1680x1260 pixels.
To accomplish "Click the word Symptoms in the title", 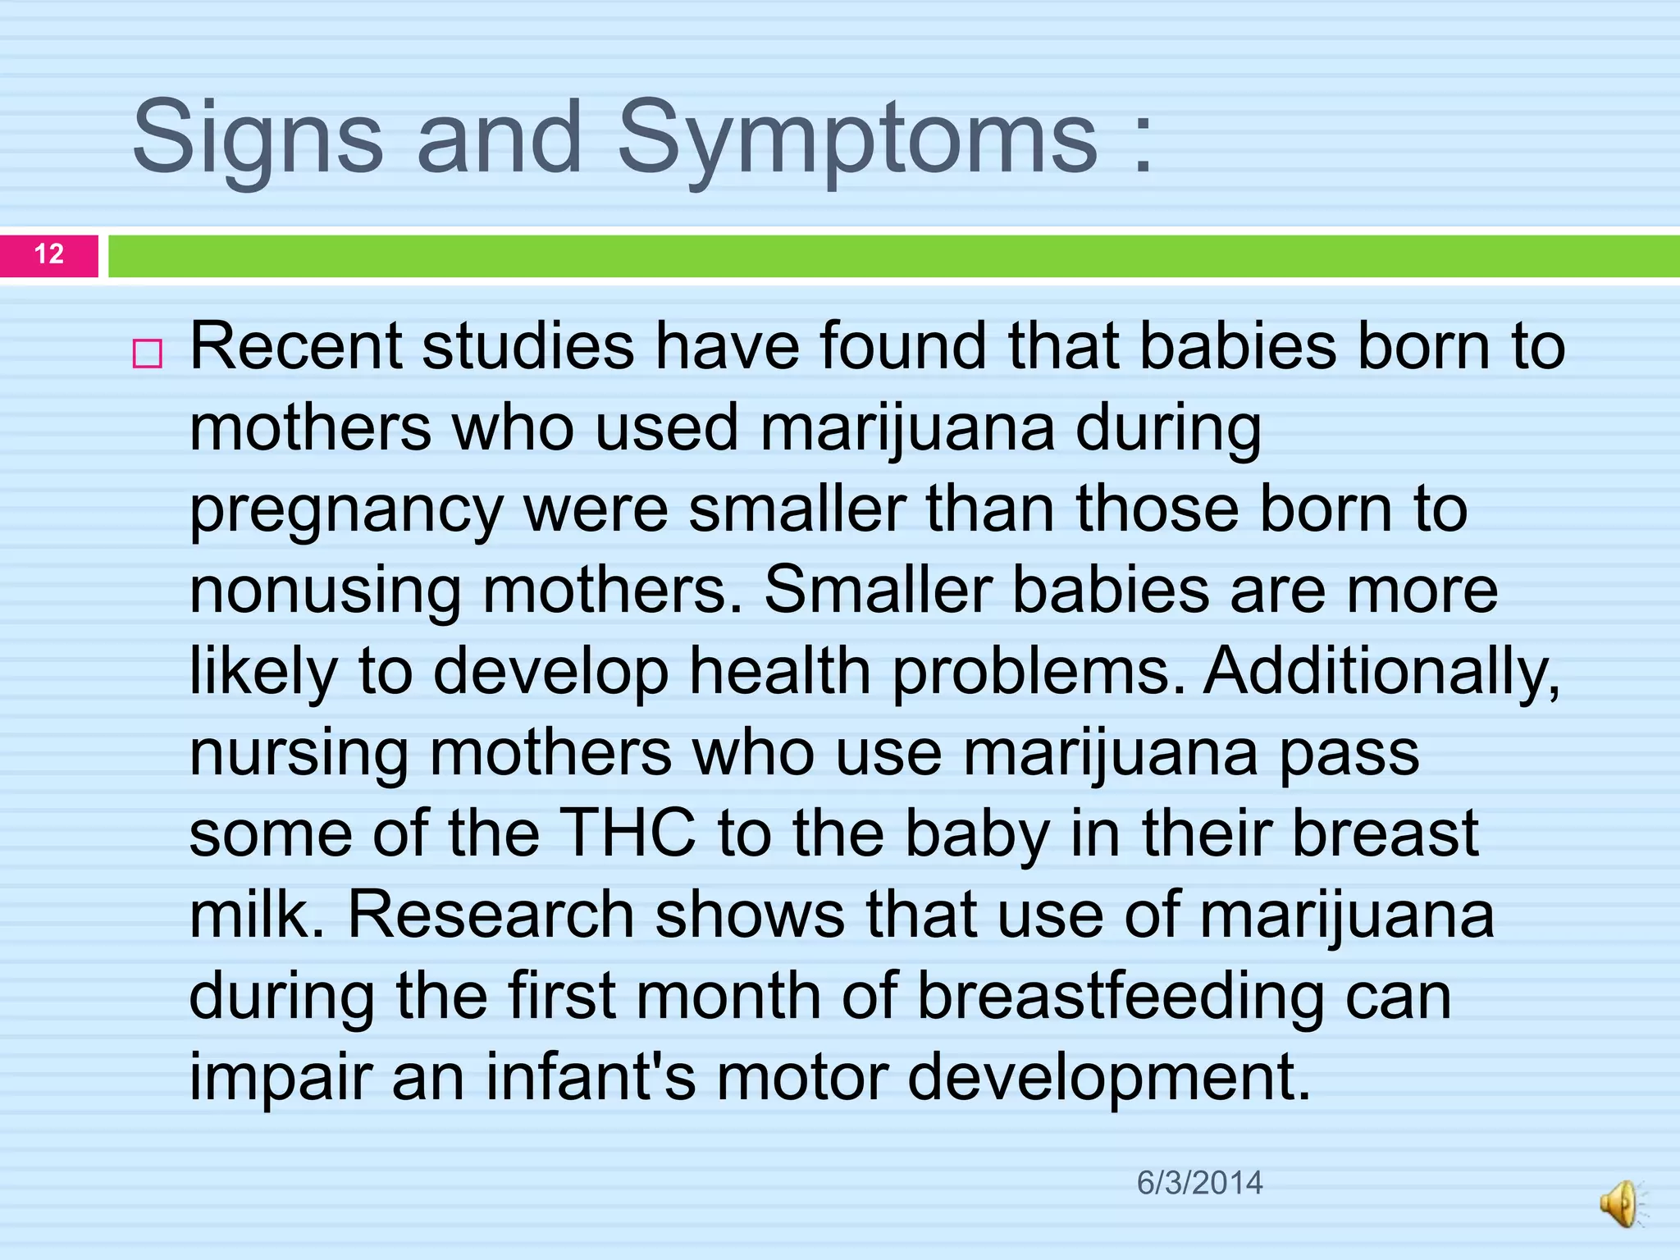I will tap(856, 139).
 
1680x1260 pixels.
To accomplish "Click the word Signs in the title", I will tap(257, 139).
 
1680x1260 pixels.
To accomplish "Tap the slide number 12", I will tap(49, 253).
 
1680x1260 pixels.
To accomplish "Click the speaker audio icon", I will tap(1621, 1203).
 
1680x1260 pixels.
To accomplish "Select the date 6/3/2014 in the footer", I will tap(1199, 1183).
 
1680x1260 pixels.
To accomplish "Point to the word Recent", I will tap(295, 346).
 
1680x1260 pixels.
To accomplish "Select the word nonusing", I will tap(325, 590).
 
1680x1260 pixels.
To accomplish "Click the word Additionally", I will tap(1381, 671).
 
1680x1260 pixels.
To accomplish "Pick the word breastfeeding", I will tap(1120, 997).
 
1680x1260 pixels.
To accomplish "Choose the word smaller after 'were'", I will tap(797, 509).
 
